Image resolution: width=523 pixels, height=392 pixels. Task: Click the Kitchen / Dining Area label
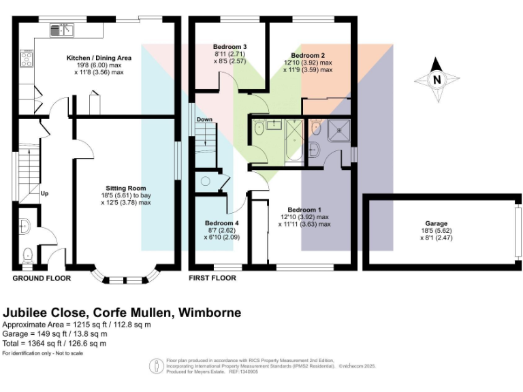[x=99, y=58]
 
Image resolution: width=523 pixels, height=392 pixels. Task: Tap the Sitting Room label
[x=125, y=188]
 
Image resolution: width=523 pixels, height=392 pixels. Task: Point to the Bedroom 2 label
[x=308, y=54]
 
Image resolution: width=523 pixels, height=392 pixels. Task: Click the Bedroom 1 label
[x=304, y=209]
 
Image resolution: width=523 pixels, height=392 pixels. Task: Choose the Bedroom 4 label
[x=221, y=223]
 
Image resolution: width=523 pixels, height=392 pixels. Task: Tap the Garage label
[x=437, y=223]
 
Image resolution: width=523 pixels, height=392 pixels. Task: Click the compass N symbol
[x=437, y=80]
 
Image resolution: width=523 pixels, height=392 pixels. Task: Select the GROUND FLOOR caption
[x=39, y=278]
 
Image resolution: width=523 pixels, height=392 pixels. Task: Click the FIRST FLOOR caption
[x=212, y=278]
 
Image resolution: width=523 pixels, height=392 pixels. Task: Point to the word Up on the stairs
[x=45, y=193]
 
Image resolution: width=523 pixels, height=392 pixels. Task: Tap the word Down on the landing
[x=205, y=120]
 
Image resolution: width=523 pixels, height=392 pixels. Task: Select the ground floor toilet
[x=28, y=256]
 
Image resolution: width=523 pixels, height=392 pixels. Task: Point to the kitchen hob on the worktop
[x=28, y=59]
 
